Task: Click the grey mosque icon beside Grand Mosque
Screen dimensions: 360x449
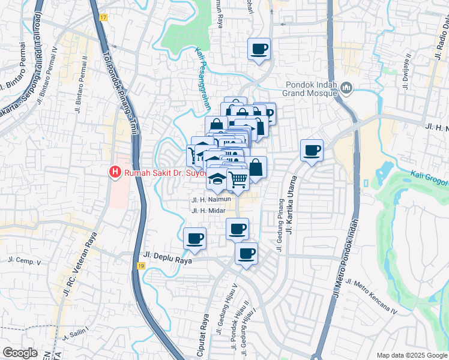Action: pos(346,89)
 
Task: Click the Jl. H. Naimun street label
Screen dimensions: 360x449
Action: pos(211,200)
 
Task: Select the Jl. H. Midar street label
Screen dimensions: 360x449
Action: pos(208,211)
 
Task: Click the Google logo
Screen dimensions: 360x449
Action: pos(20,353)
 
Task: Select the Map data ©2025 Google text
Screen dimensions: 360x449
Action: pos(411,355)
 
